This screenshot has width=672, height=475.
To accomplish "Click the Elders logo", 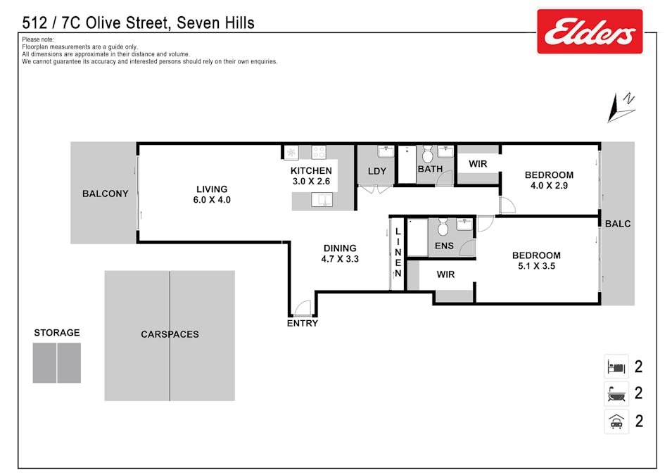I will pyautogui.click(x=590, y=32).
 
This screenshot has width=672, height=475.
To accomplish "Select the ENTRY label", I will pyautogui.click(x=302, y=324).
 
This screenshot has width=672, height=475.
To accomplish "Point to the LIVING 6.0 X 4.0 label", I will pyautogui.click(x=212, y=194).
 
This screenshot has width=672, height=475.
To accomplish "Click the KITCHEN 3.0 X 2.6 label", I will pyautogui.click(x=311, y=176).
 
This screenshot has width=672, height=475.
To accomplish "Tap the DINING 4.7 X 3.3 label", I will pyautogui.click(x=340, y=253).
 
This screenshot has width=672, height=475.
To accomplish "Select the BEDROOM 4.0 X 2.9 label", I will pyautogui.click(x=549, y=180).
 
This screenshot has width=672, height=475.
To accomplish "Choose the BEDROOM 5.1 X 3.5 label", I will pyautogui.click(x=536, y=261).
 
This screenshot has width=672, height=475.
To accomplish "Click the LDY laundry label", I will pyautogui.click(x=377, y=171).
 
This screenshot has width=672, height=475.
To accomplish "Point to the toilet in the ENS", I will pyautogui.click(x=443, y=227).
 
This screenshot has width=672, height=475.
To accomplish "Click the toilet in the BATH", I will pyautogui.click(x=427, y=154).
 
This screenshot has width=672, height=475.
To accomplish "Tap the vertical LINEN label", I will pyautogui.click(x=398, y=252).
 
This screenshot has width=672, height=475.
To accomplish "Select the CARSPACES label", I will pyautogui.click(x=170, y=334).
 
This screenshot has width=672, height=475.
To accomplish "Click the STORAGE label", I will pyautogui.click(x=57, y=333).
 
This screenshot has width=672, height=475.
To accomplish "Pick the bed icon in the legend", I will pyautogui.click(x=616, y=367).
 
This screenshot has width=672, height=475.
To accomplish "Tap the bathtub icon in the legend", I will pyautogui.click(x=616, y=393).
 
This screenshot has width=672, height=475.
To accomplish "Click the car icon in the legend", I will pyautogui.click(x=616, y=422).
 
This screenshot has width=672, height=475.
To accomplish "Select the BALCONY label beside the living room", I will pyautogui.click(x=105, y=194).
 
